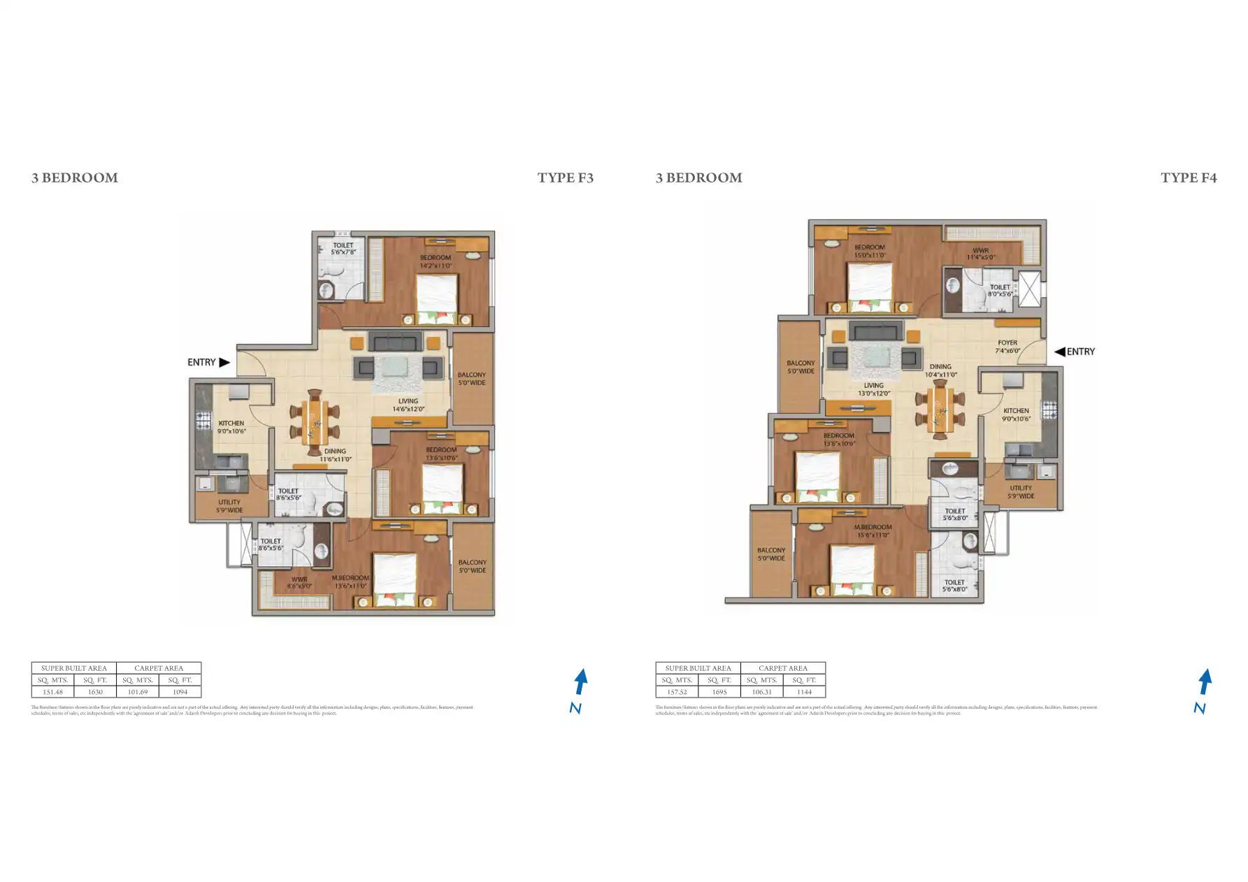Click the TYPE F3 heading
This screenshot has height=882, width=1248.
565,178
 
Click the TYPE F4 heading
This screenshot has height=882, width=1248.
1189,178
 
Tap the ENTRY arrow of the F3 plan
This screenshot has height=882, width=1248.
224,362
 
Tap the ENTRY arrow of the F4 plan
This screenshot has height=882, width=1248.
1060,352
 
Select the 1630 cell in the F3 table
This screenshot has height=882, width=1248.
95,692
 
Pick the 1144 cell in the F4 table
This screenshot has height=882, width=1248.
804,692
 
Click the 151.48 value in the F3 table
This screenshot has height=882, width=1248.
52,692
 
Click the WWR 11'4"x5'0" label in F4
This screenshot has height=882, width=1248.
980,254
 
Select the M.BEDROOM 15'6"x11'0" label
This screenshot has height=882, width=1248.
873,531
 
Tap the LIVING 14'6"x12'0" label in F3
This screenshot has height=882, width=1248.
408,405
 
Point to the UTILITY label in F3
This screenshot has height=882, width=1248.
229,506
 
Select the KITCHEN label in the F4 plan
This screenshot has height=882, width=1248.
1016,414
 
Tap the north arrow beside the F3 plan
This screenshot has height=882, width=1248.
580,682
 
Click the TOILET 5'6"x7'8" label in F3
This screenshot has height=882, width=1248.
343,248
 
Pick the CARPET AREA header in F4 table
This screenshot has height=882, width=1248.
782,668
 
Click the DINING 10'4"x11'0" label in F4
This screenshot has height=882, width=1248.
940,370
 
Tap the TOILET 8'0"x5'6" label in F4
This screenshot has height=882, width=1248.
1000,290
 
